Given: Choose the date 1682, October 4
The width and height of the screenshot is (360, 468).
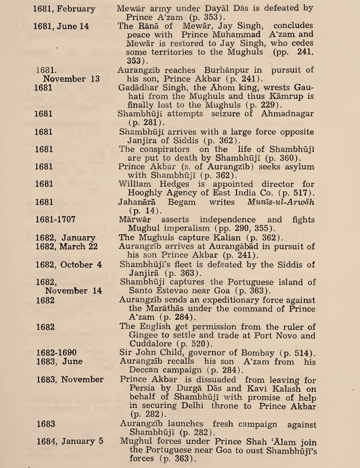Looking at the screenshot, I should pyautogui.click(x=70, y=264).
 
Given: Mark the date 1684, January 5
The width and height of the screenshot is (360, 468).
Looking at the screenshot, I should pyautogui.click(x=69, y=441).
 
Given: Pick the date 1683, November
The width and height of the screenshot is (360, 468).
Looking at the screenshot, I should pyautogui.click(x=70, y=379).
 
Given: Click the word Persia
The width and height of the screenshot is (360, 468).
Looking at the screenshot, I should pyautogui.click(x=134, y=388).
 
